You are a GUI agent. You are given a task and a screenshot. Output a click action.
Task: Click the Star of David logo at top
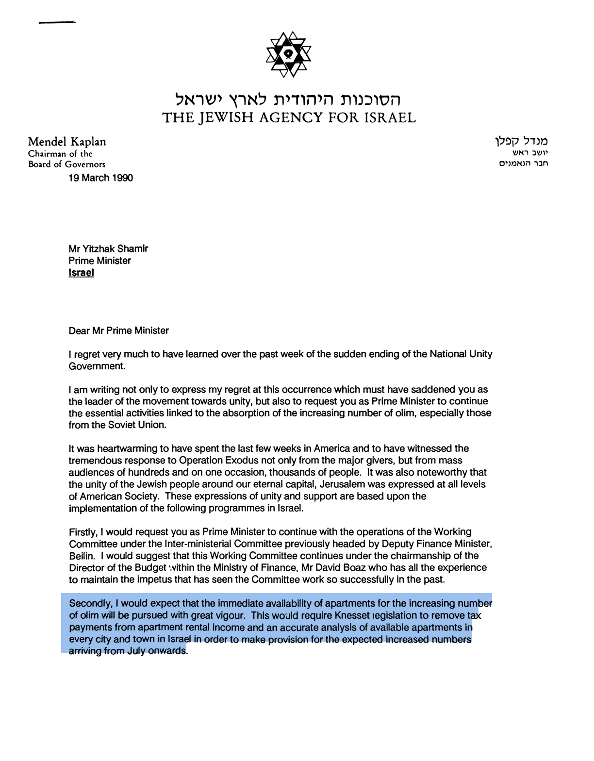pyautogui.click(x=288, y=54)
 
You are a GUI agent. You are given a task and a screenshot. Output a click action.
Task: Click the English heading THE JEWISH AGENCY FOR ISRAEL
pyautogui.click(x=289, y=118)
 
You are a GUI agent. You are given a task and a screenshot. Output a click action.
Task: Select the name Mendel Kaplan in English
pyautogui.click(x=67, y=142)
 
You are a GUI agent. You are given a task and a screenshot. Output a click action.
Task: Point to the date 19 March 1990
pyautogui.click(x=100, y=178)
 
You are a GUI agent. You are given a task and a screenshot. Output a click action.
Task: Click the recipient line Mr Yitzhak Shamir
pyautogui.click(x=108, y=249)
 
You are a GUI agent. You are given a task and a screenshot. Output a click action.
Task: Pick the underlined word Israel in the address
pyautogui.click(x=81, y=273)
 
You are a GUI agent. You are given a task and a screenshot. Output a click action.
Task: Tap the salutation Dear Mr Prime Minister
pyautogui.click(x=119, y=331)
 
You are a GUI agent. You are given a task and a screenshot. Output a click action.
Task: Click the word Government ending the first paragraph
pyautogui.click(x=97, y=366)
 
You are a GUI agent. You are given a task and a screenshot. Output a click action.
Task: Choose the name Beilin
pyautogui.click(x=82, y=556)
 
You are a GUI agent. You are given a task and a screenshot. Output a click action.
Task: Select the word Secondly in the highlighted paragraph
pyautogui.click(x=90, y=604)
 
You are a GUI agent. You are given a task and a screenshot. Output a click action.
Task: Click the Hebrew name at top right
pyautogui.click(x=521, y=141)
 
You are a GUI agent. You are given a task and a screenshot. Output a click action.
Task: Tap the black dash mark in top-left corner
pyautogui.click(x=57, y=22)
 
